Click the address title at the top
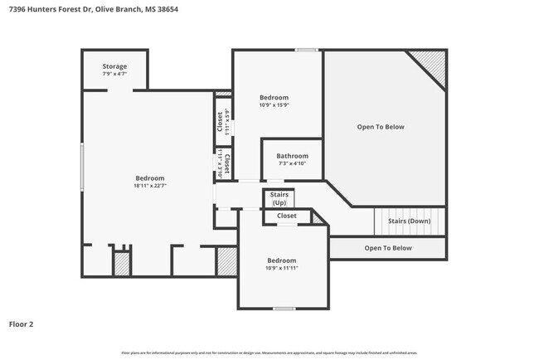pos(93,8)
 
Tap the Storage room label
pos(114,66)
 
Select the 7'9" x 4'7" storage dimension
pos(114,75)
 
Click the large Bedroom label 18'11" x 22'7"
pos(150,178)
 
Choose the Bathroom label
pos(292,156)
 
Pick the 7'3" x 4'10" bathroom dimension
pos(292,163)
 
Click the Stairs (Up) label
pos(279,198)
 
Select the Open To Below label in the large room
pos(381,127)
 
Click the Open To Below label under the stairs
pos(388,248)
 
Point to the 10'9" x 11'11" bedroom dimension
pos(281,268)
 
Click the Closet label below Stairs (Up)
pos(286,216)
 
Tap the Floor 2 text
pos(22,324)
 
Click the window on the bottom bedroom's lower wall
pos(284,309)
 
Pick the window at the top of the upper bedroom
pos(307,50)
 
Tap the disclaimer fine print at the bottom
pos(269,353)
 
